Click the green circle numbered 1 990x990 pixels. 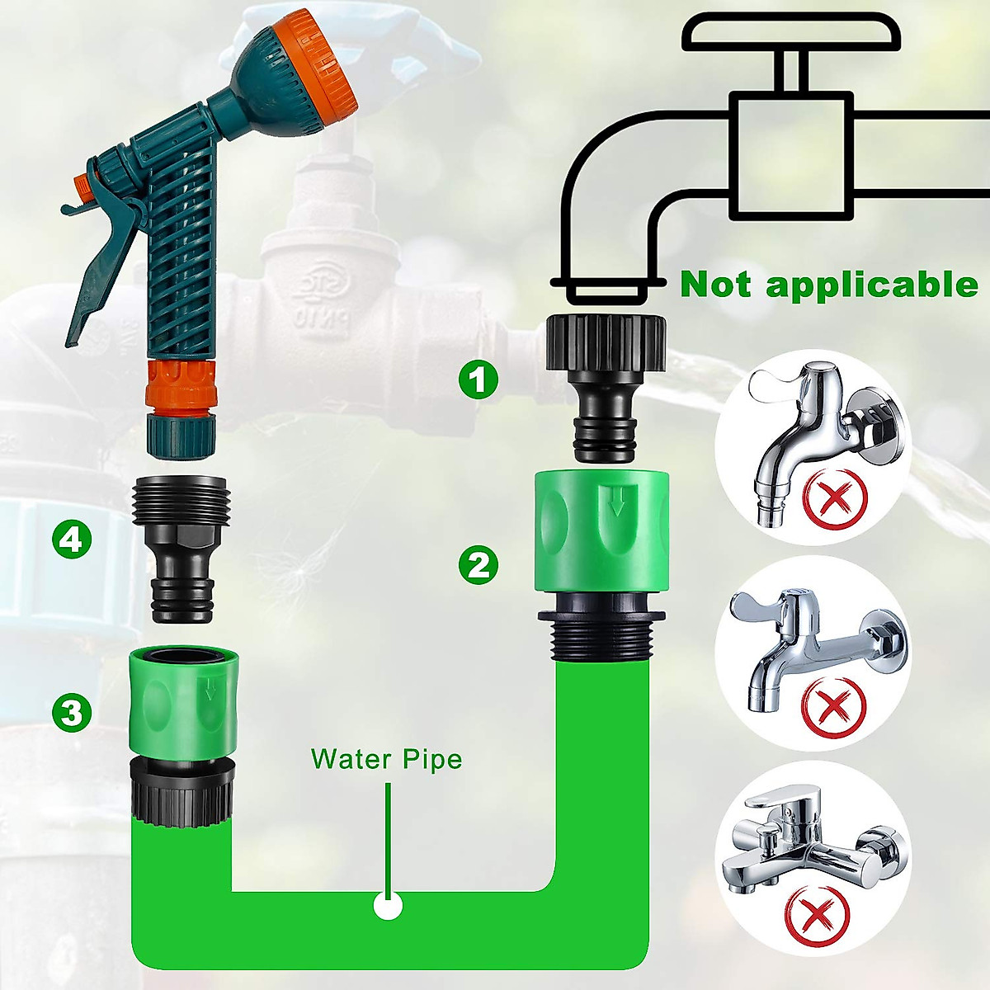pos(478,380)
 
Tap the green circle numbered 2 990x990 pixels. pos(478,565)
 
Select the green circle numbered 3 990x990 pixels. pos(73,711)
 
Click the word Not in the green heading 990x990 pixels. pos(716,285)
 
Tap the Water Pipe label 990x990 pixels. pos(386,759)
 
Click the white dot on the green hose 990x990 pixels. pos(387,906)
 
